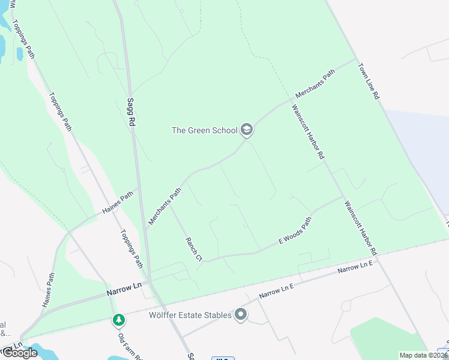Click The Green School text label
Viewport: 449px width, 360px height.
click(205, 130)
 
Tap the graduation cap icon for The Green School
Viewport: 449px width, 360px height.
click(246, 130)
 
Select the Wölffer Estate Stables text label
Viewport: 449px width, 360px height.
click(190, 315)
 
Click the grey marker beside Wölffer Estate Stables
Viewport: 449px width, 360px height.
click(241, 314)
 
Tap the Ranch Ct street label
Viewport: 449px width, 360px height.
click(194, 249)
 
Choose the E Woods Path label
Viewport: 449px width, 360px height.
click(295, 231)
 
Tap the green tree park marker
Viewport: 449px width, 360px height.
click(119, 320)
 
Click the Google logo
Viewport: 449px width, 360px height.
click(20, 353)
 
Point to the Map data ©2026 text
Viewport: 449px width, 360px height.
click(423, 355)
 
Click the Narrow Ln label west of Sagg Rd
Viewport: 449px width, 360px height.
click(122, 289)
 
